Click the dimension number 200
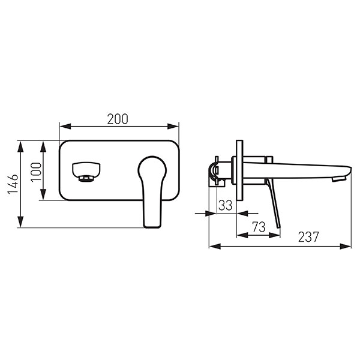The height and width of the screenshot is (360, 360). click(x=118, y=119)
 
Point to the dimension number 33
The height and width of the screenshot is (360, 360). click(x=225, y=205)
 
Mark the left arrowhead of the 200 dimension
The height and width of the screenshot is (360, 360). click(x=63, y=127)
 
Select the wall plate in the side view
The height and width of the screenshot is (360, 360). click(x=240, y=171)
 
